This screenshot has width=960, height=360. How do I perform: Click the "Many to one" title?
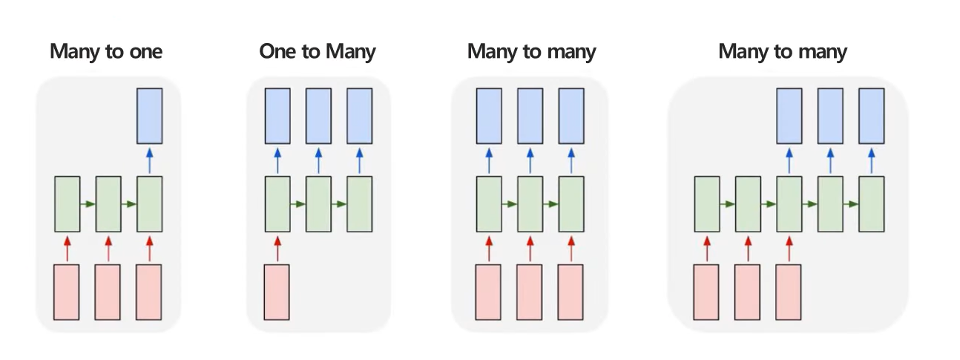coord(106,52)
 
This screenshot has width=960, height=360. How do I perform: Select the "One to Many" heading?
coord(318,52)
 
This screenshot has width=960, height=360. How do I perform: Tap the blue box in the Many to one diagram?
coord(149,116)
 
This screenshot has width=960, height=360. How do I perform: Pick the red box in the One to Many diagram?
coord(277,292)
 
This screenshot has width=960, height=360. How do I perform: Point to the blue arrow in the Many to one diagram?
coord(149,160)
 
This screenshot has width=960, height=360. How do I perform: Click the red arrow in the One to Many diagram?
coord(277,248)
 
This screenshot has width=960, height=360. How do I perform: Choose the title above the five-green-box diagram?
coord(783,52)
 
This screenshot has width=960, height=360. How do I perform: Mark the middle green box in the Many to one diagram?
coord(108,204)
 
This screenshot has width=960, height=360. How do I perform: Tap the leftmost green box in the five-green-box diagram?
coord(706,204)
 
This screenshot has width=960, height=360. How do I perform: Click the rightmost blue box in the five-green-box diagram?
coord(872,116)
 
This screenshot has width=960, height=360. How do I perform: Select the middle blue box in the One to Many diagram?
coord(318,116)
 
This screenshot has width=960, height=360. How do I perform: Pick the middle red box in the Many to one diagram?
coord(108,292)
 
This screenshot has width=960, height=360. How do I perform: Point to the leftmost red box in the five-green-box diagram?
coord(706,292)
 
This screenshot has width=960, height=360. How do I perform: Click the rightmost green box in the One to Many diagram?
coord(360,204)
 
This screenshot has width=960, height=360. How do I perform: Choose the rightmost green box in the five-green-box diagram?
coord(872,204)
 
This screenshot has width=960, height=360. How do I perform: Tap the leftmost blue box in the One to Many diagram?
coord(277,116)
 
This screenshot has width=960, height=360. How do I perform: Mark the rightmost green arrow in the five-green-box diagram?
coord(851,204)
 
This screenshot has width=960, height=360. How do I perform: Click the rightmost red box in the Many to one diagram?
coord(149,292)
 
